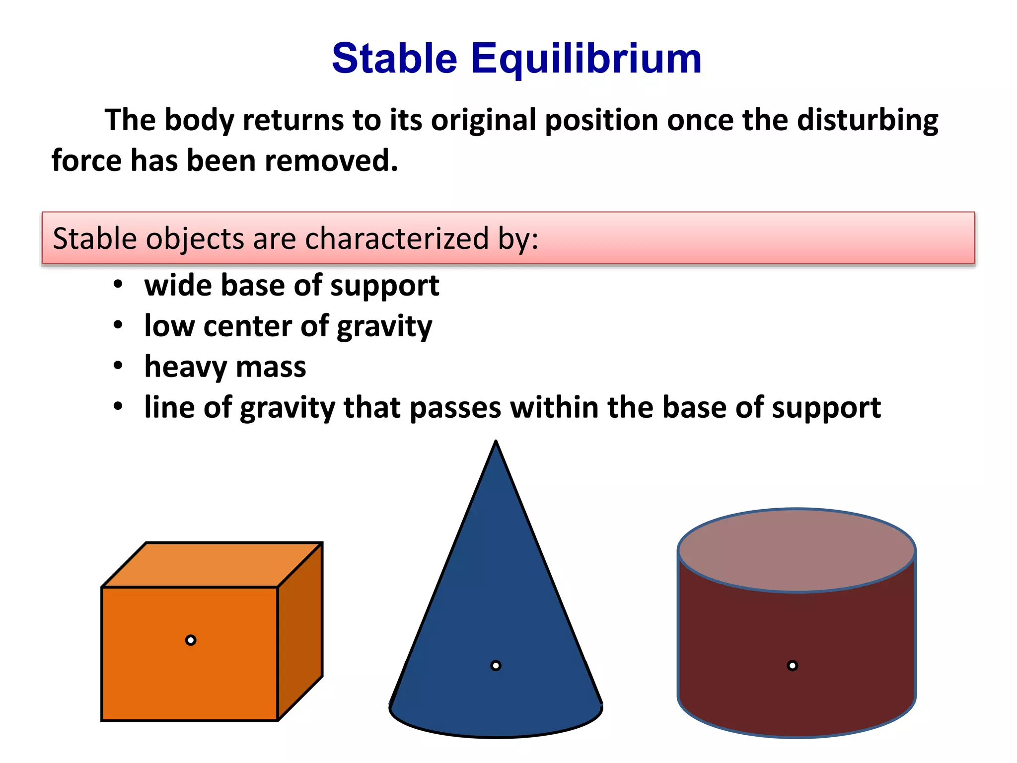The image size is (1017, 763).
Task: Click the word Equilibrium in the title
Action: click(x=586, y=59)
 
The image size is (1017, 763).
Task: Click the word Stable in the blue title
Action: click(x=394, y=59)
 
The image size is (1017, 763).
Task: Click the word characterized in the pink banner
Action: click(x=397, y=238)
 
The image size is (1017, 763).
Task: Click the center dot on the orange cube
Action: click(x=191, y=640)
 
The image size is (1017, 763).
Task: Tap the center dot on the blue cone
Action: click(x=496, y=666)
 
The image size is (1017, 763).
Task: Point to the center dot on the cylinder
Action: click(x=793, y=666)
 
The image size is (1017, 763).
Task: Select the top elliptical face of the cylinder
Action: click(x=797, y=549)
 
